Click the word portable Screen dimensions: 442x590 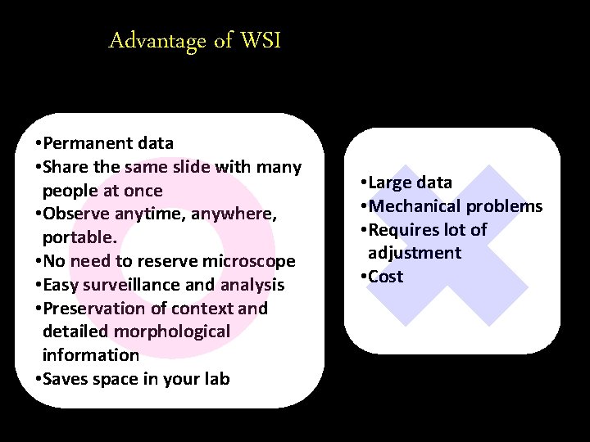81,238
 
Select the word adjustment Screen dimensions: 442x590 415,253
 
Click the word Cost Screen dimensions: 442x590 385,277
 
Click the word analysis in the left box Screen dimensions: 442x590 252,285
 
